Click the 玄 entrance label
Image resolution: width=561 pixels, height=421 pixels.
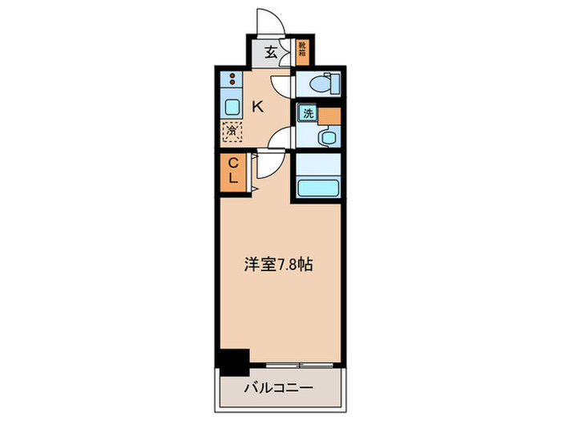271,53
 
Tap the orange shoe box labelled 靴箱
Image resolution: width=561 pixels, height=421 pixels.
303,52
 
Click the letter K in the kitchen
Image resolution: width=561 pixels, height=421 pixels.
258,105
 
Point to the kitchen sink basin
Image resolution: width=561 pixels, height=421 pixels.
232,107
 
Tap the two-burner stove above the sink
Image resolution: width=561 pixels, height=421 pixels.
232,80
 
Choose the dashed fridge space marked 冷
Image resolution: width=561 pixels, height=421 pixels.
232,130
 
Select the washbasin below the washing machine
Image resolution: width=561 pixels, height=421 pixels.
326,137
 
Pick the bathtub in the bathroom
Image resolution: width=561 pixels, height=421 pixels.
318,189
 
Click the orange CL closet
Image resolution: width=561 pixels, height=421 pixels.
232,171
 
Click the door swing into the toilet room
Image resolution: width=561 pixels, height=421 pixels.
281,85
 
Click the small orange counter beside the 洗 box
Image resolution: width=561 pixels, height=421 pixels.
329,114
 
